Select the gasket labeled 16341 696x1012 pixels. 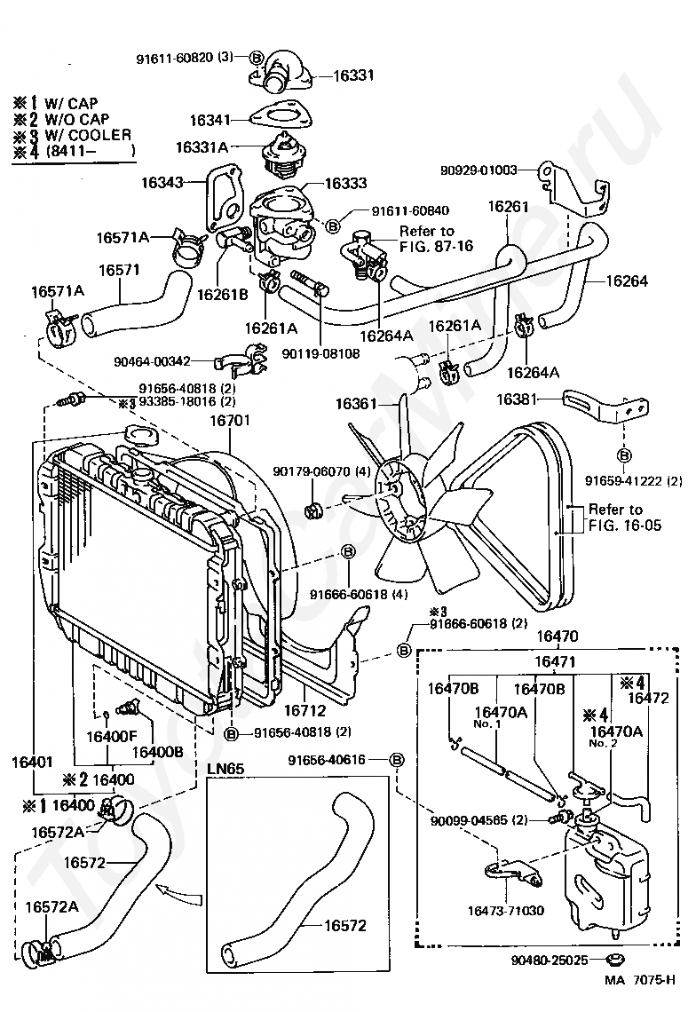[x=281, y=116]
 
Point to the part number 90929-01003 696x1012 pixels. [x=478, y=170]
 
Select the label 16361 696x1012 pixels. [x=354, y=404]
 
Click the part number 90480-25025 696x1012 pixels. [x=551, y=960]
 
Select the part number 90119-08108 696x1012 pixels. [x=321, y=353]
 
